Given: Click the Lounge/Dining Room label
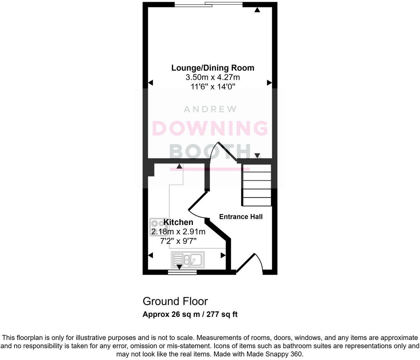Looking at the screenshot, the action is pyautogui.click(x=213, y=68).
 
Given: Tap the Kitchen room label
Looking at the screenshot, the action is pyautogui.click(x=178, y=222).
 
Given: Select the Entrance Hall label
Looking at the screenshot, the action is pyautogui.click(x=241, y=216).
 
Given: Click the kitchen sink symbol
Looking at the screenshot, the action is pyautogui.click(x=188, y=260).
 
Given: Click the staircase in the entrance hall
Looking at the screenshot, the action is pyautogui.click(x=256, y=185).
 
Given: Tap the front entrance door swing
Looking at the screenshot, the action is pyautogui.click(x=249, y=264).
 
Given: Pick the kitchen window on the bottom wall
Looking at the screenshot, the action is pyautogui.click(x=182, y=272).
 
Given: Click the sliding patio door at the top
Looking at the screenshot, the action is pyautogui.click(x=209, y=4).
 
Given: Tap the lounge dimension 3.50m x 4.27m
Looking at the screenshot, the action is pyautogui.click(x=213, y=77).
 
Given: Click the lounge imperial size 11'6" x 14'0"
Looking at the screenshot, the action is pyautogui.click(x=213, y=87).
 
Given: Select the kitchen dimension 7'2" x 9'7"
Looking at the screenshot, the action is pyautogui.click(x=178, y=241).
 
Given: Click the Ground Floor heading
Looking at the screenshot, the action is pyautogui.click(x=175, y=302).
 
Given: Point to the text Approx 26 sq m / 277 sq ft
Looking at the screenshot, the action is pyautogui.click(x=190, y=314).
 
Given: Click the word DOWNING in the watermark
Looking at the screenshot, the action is pyautogui.click(x=210, y=128).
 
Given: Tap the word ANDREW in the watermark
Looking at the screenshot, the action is pyautogui.click(x=210, y=109).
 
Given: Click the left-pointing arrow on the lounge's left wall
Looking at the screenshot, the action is pyautogui.click(x=150, y=83).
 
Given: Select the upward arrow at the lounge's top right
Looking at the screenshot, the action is pyautogui.click(x=257, y=10).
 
